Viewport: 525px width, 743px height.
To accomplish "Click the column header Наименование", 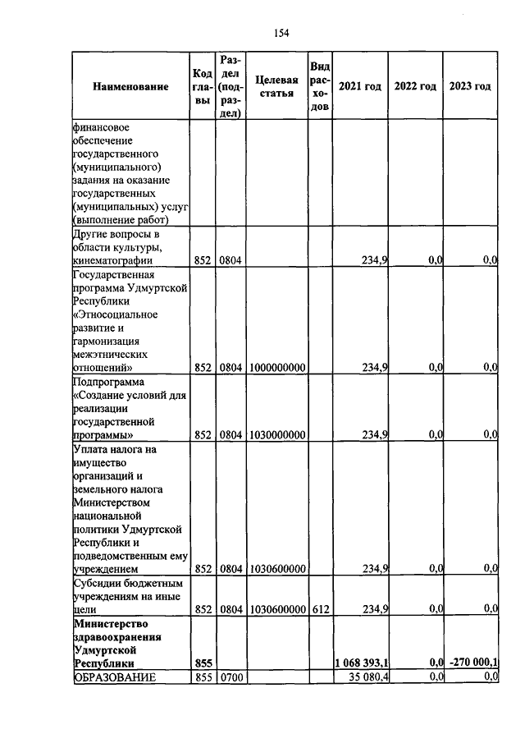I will pos(130,86).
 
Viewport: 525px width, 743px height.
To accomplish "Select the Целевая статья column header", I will pos(276,86).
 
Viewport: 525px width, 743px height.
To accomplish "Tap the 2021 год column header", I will pos(360,86).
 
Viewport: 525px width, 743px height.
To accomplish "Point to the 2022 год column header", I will pos(415,86).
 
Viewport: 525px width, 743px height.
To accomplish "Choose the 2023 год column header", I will pos(470,86).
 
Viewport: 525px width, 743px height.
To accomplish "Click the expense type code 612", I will pos(320,608).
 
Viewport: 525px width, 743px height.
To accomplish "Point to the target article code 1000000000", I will pos(276,367).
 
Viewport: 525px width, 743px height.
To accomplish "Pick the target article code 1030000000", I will pos(276,434).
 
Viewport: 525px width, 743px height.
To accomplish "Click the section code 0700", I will pos(231,676).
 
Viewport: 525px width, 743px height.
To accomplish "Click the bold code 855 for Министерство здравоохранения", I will pos(203,663).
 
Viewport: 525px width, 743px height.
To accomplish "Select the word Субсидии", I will pos(98,583).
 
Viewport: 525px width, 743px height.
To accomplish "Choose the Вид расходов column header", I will pos(320,86).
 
